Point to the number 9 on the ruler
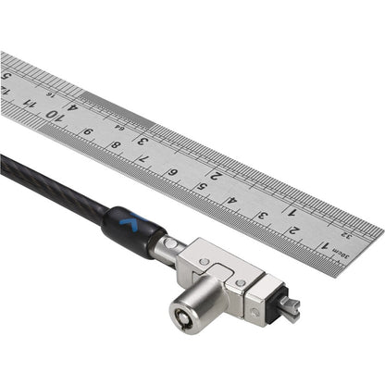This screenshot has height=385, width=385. pyautogui.click(x=87, y=130)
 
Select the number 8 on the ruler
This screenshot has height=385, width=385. pyautogui.click(x=116, y=143)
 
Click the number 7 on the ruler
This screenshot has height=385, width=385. pyautogui.click(x=144, y=157)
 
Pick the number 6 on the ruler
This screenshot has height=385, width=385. pyautogui.click(x=173, y=172)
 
